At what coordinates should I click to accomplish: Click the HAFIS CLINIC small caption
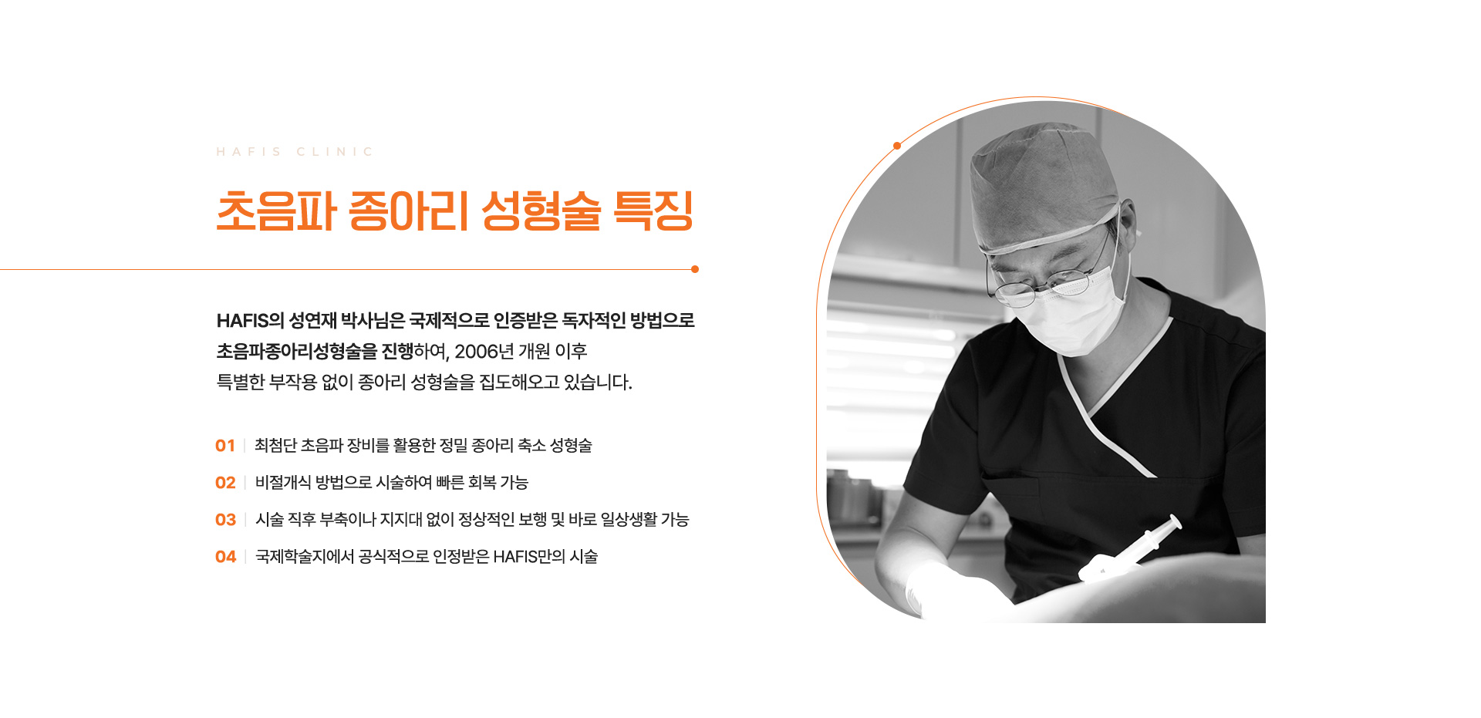(x=295, y=152)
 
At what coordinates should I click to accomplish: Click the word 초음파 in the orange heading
(x=276, y=211)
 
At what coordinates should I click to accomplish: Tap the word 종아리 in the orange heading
(x=409, y=211)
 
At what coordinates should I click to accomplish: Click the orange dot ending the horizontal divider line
(x=695, y=269)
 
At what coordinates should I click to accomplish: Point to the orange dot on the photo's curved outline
(x=897, y=146)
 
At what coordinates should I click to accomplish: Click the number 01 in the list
(x=225, y=446)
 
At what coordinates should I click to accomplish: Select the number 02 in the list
(x=225, y=483)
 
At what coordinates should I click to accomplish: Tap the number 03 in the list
(x=225, y=520)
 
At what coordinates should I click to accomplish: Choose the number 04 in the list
(x=225, y=557)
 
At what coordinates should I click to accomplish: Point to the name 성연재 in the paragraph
(x=312, y=321)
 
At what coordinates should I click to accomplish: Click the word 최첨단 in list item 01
(x=275, y=446)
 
